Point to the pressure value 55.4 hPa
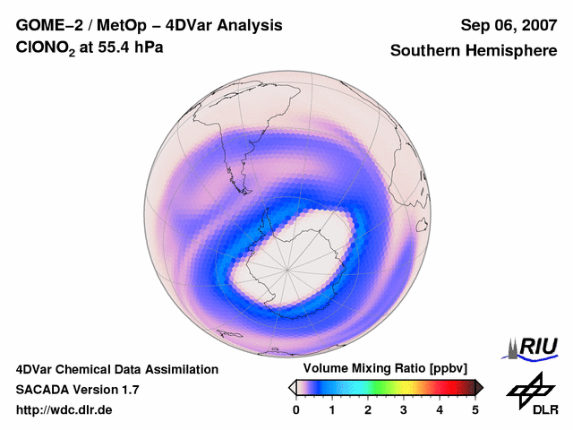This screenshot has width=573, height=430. (x=130, y=50)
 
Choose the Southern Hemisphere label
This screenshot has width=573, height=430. (x=474, y=51)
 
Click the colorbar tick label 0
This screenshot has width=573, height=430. (x=296, y=409)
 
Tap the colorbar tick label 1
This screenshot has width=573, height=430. (x=332, y=409)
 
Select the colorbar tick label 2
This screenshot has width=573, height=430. (x=368, y=409)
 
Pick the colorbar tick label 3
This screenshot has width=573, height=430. (x=404, y=409)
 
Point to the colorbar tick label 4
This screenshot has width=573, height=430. (x=440, y=409)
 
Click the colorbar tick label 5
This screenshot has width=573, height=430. (x=475, y=409)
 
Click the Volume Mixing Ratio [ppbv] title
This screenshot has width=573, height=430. (x=386, y=369)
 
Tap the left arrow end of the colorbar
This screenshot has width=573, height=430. (x=292, y=387)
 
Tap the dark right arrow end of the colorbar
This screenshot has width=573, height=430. (x=480, y=387)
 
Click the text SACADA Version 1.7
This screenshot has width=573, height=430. (x=77, y=390)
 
